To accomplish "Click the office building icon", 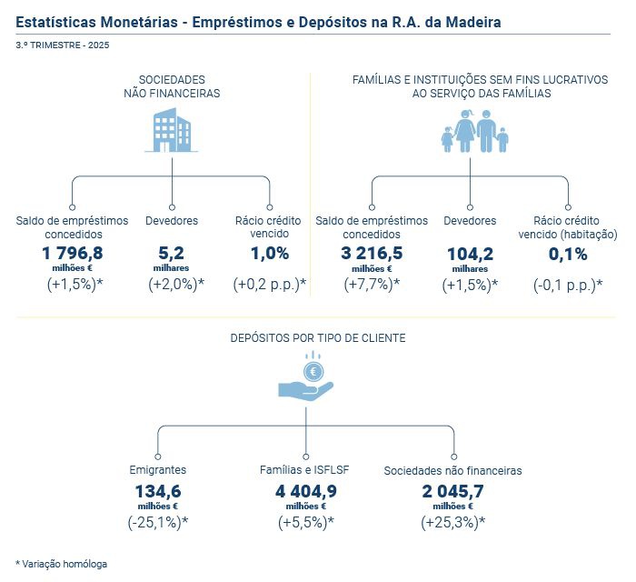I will click(172, 130).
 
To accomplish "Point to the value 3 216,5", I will click(371, 253).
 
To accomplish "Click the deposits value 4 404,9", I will click(305, 492).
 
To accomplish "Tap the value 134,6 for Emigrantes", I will click(158, 492).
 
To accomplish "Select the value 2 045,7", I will click(452, 492).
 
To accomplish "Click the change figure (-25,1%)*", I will click(158, 522).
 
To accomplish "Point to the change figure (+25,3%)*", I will click(452, 522).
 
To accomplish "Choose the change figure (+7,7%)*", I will click(371, 285).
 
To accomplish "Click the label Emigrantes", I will click(158, 470).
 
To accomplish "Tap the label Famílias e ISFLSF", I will click(305, 470).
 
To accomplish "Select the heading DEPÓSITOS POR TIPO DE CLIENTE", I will click(317, 337).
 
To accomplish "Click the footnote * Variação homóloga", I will click(61, 564).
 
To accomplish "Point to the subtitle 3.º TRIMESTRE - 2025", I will click(63, 45).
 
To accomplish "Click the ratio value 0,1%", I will click(568, 254).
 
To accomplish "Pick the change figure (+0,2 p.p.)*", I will click(270, 285).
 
